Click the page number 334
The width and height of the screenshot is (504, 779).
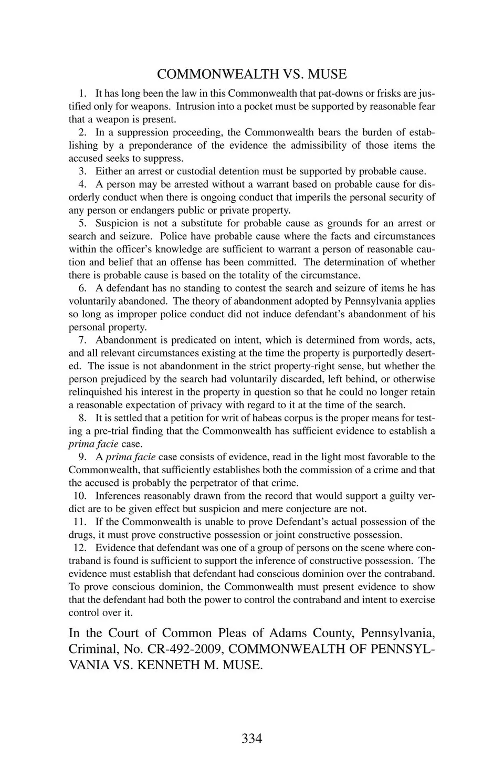(251, 738)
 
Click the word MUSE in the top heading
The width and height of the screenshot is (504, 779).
(327, 74)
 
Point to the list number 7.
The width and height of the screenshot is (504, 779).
(82, 340)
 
